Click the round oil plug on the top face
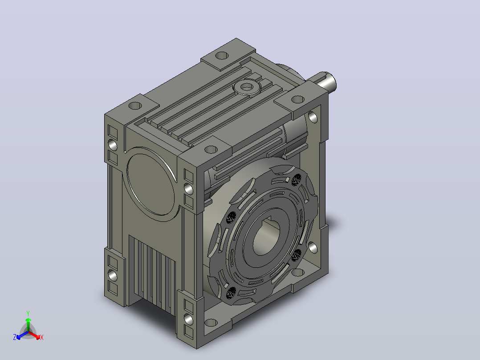pos(246,88)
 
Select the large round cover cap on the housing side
pos(151,184)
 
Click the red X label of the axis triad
pos(42,337)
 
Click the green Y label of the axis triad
pos(28,314)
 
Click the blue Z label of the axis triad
pos(15,337)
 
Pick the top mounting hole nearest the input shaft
pos(297,99)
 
